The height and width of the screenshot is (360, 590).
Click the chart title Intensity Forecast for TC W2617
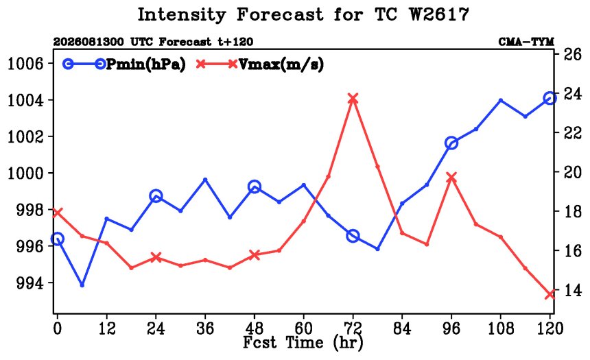pyautogui.click(x=303, y=14)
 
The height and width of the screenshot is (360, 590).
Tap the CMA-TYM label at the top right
pyautogui.click(x=526, y=41)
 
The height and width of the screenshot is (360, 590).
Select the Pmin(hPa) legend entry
pyautogui.click(x=124, y=64)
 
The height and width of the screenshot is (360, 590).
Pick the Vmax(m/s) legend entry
pyautogui.click(x=259, y=64)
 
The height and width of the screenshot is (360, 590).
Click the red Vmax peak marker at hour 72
pyautogui.click(x=353, y=99)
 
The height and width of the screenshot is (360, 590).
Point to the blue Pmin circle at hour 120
pyautogui.click(x=550, y=99)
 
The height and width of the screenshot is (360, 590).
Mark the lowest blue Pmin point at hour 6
pyautogui.click(x=82, y=285)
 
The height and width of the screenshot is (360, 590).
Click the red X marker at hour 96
pyautogui.click(x=451, y=178)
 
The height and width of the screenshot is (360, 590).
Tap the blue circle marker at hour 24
pyautogui.click(x=156, y=196)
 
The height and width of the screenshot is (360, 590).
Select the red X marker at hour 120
pyautogui.click(x=550, y=295)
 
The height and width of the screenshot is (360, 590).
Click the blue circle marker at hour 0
pyautogui.click(x=58, y=239)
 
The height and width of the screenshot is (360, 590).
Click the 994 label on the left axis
pyautogui.click(x=29, y=283)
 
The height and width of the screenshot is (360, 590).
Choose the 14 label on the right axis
pyautogui.click(x=572, y=290)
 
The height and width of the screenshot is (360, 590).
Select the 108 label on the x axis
pyautogui.click(x=501, y=328)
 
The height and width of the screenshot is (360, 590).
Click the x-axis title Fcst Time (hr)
pyautogui.click(x=303, y=342)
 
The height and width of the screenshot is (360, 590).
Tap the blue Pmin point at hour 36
pyautogui.click(x=205, y=180)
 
